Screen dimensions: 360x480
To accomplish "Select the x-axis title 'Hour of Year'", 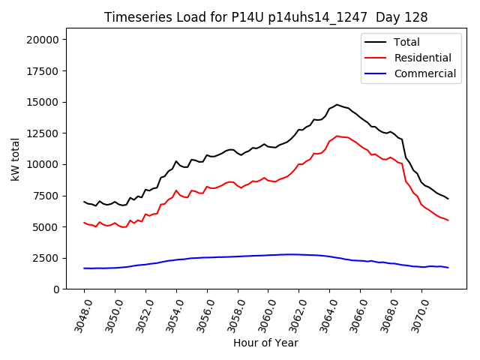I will pos(265,343).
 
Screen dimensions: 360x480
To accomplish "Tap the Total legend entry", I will pos(407,42).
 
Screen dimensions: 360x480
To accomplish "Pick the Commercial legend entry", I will pos(424,73).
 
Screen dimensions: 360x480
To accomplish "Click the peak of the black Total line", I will pos(337,105).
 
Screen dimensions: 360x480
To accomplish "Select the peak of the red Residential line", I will pos(337,136).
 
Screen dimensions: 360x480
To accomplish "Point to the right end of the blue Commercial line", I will pos(448,268).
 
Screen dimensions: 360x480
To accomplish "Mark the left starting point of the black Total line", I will pos(84,202).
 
